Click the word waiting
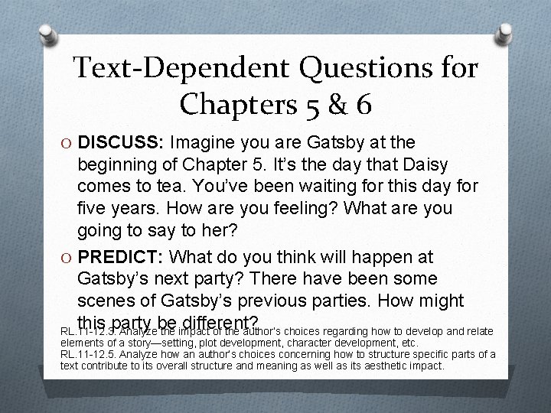[337, 187]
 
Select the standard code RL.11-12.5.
[89, 354]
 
